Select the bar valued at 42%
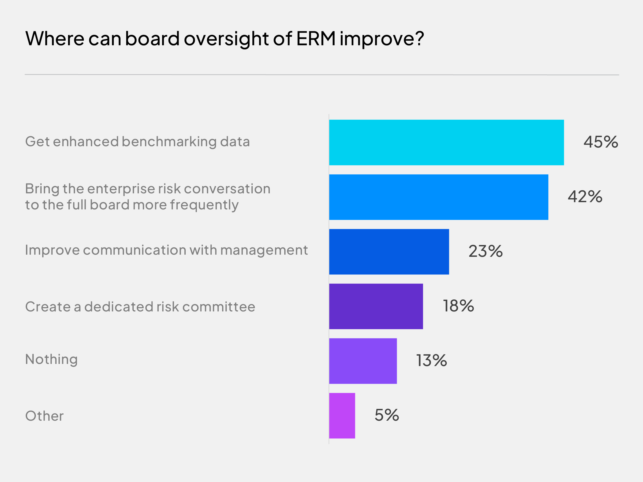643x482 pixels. tap(438, 197)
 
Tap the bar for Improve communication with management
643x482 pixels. tap(389, 252)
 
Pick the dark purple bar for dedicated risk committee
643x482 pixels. tap(376, 306)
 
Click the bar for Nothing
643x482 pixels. tap(363, 361)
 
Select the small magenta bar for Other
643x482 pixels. tap(342, 416)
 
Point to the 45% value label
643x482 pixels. tap(601, 142)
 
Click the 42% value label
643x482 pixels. tap(585, 197)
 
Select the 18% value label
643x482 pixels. tap(458, 306)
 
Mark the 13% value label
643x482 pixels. tap(431, 360)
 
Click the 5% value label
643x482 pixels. tap(386, 415)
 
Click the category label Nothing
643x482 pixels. tap(51, 359)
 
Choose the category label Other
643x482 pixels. tap(44, 416)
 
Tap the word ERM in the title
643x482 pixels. tap(316, 38)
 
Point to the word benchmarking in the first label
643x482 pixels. tap(169, 142)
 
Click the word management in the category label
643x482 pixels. tap(264, 250)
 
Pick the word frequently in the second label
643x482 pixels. tap(204, 205)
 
